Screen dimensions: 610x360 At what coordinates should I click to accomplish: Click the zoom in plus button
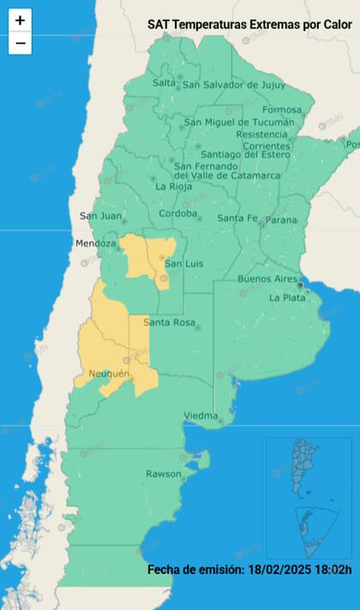pyautogui.click(x=20, y=21)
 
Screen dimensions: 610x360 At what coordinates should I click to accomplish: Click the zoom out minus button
pyautogui.click(x=20, y=43)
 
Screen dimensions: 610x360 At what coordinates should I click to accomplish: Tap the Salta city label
pyautogui.click(x=163, y=83)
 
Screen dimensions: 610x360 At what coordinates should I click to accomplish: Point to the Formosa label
pyautogui.click(x=282, y=110)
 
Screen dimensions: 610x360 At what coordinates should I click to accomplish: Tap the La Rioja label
pyautogui.click(x=172, y=186)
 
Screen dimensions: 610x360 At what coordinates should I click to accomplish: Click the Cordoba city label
pyautogui.click(x=177, y=213)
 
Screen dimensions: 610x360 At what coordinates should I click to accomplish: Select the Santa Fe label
pyautogui.click(x=236, y=218)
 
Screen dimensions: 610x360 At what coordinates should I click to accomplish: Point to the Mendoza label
pyautogui.click(x=95, y=243)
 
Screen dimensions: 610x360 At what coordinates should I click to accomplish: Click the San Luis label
pyautogui.click(x=183, y=263)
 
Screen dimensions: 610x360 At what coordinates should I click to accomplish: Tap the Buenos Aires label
pyautogui.click(x=267, y=279)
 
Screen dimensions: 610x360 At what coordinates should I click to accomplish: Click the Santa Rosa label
pyautogui.click(x=167, y=322)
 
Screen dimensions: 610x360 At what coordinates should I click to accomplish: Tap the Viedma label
pyautogui.click(x=201, y=416)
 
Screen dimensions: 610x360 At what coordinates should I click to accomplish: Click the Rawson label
pyautogui.click(x=163, y=474)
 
